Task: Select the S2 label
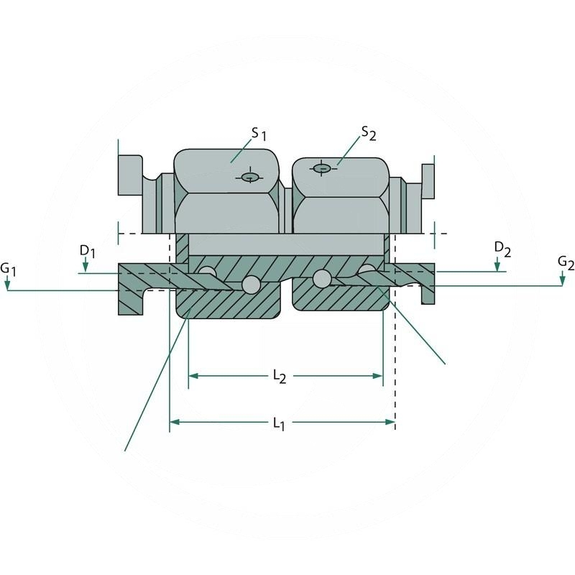pos(369,132)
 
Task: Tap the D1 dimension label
pos(87,250)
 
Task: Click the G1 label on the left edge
pos(8,269)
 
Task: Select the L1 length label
pos(279,423)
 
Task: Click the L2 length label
pos(279,377)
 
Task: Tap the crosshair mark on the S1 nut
pos(249,177)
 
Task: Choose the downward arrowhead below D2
pos(497,267)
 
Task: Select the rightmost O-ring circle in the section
pos(367,271)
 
